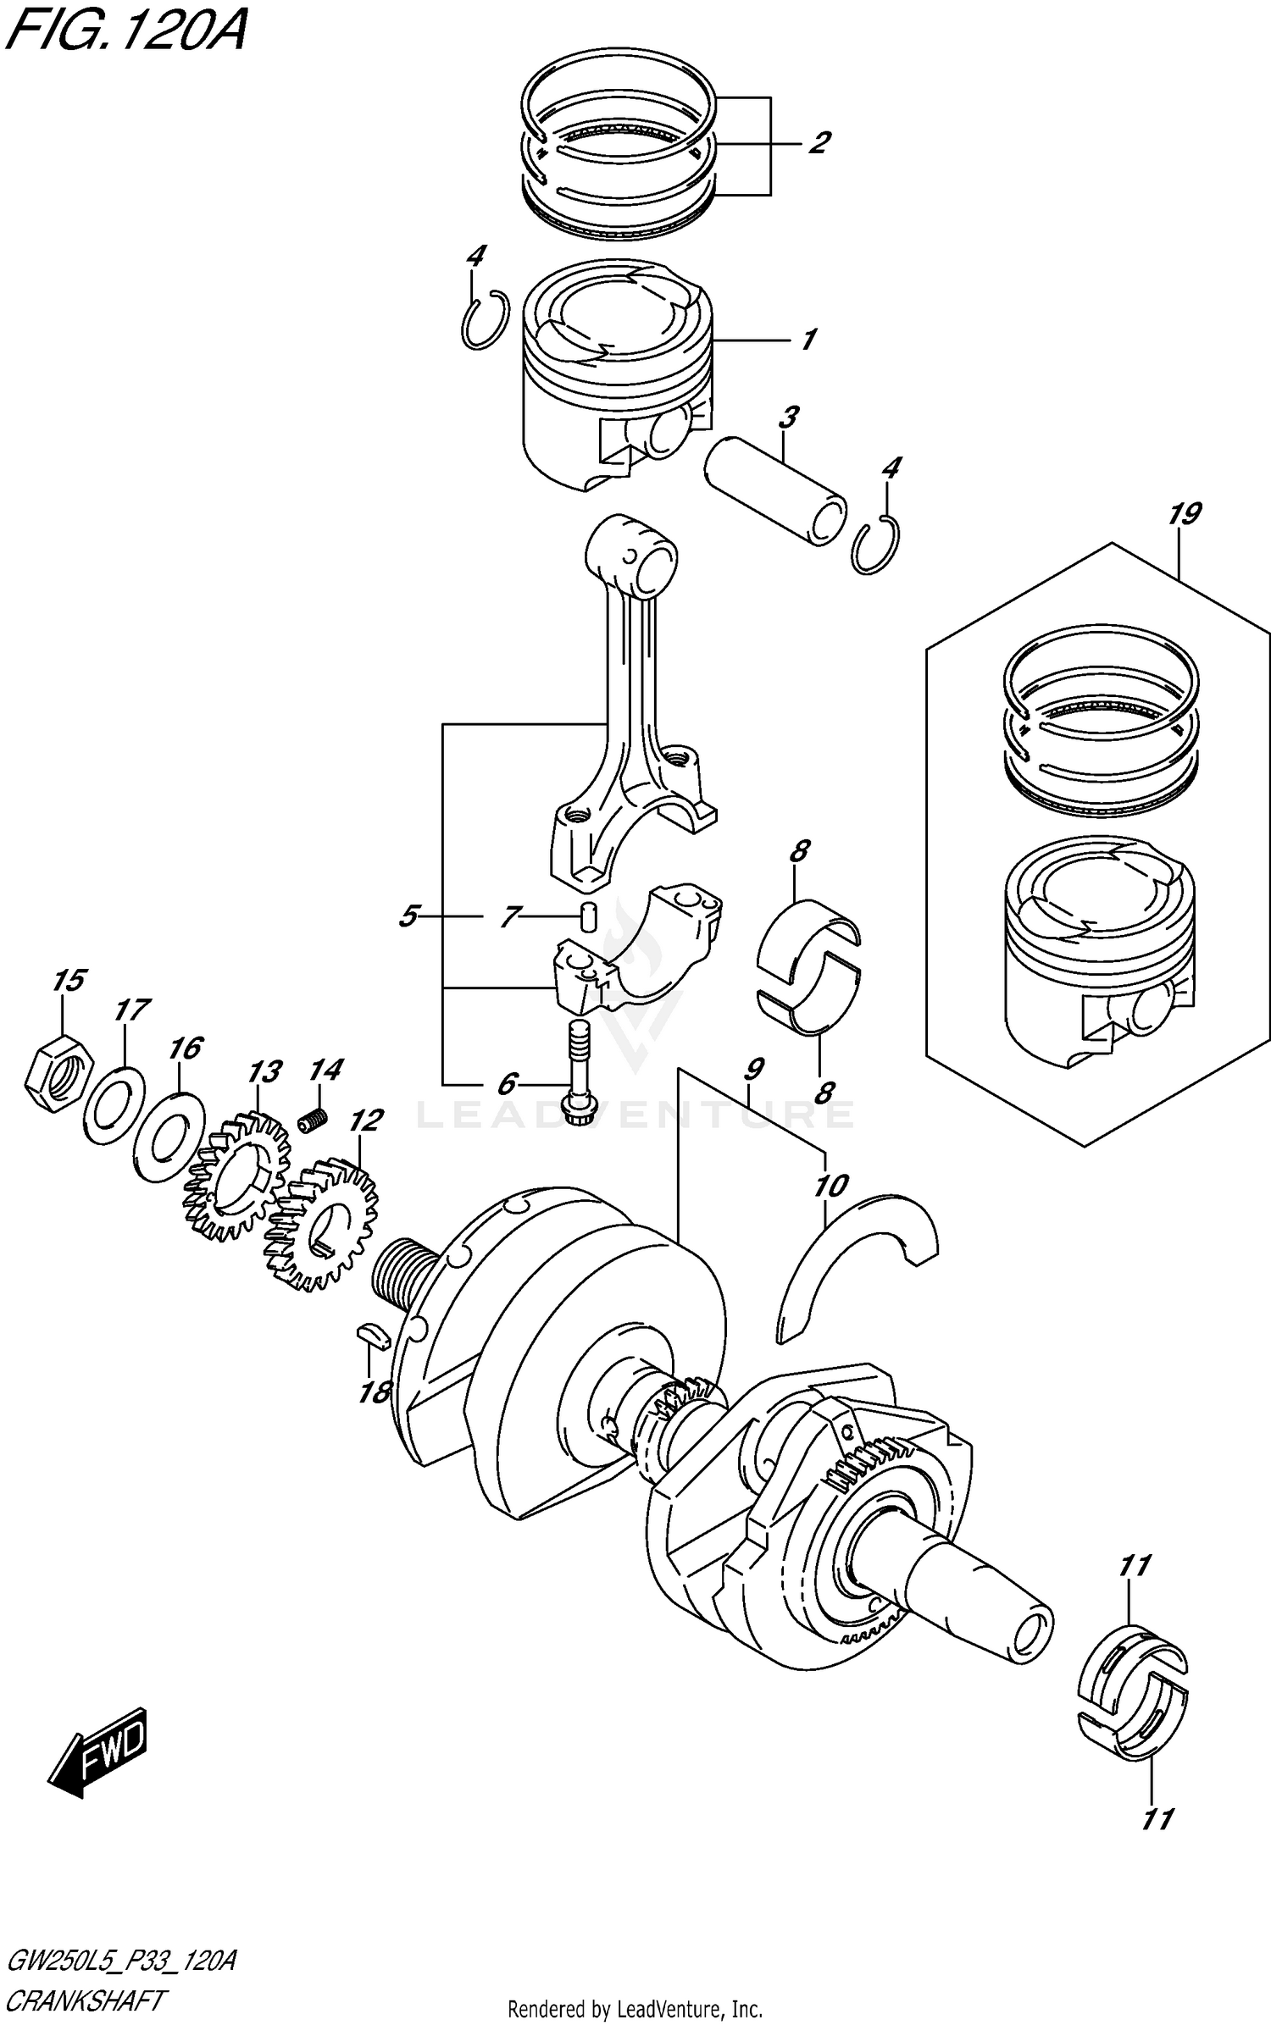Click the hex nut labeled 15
pos(57,1075)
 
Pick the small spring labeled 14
pos(313,1120)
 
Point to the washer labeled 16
pos(169,1138)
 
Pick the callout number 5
pos(408,916)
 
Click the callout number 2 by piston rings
pos(818,143)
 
